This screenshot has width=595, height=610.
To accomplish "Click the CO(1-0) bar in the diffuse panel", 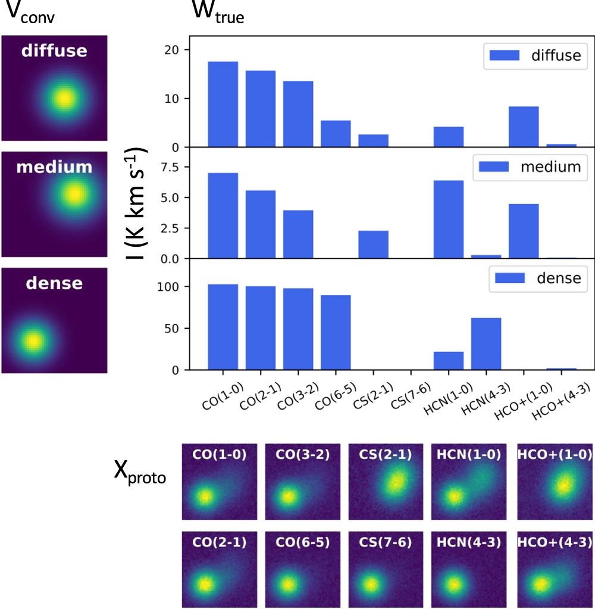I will coord(223,104).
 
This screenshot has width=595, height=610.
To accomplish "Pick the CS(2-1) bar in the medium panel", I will coord(373,244).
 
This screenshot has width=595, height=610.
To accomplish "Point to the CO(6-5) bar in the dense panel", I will coord(336,332).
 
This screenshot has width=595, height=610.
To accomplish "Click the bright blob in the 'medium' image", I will coord(74,193).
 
